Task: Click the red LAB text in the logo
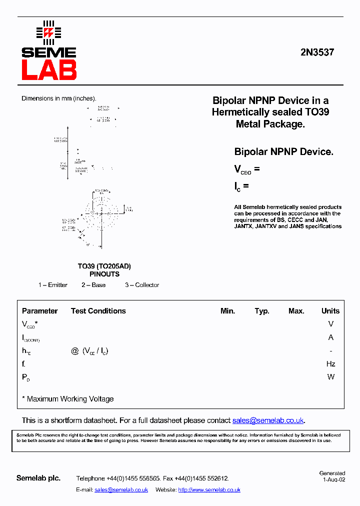pyautogui.click(x=49, y=70)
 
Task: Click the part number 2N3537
pyautogui.click(x=317, y=51)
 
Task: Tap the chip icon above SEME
pyautogui.click(x=48, y=32)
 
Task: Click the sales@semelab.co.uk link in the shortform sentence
pyautogui.click(x=268, y=420)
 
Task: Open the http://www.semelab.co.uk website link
pyautogui.click(x=209, y=490)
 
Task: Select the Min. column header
pyautogui.click(x=227, y=311)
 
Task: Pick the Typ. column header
pyautogui.click(x=262, y=311)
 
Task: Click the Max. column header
pyautogui.click(x=296, y=311)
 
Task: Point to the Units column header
pyautogui.click(x=330, y=311)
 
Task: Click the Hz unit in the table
pyautogui.click(x=330, y=364)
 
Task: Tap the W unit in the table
pyautogui.click(x=330, y=377)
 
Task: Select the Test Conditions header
pyautogui.click(x=98, y=311)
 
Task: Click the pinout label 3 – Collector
pyautogui.click(x=142, y=285)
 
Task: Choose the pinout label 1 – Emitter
pyautogui.click(x=53, y=285)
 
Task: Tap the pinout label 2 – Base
pyautogui.click(x=93, y=285)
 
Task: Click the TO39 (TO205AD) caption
pyautogui.click(x=104, y=266)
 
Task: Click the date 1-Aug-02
pyautogui.click(x=334, y=479)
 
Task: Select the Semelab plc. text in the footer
pyautogui.click(x=38, y=478)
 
